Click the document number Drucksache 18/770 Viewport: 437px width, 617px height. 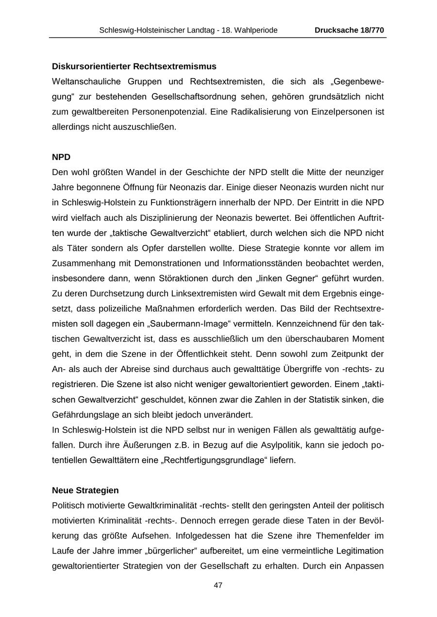(x=349, y=30)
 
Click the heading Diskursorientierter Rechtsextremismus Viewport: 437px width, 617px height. (x=134, y=66)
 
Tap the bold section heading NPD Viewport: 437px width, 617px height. (x=61, y=157)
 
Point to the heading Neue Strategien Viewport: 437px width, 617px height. (x=85, y=490)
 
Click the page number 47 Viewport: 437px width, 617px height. (x=218, y=585)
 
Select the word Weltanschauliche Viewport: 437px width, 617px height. (x=84, y=81)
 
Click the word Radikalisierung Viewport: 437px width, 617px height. (x=265, y=112)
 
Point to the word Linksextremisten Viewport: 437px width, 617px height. (x=201, y=293)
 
